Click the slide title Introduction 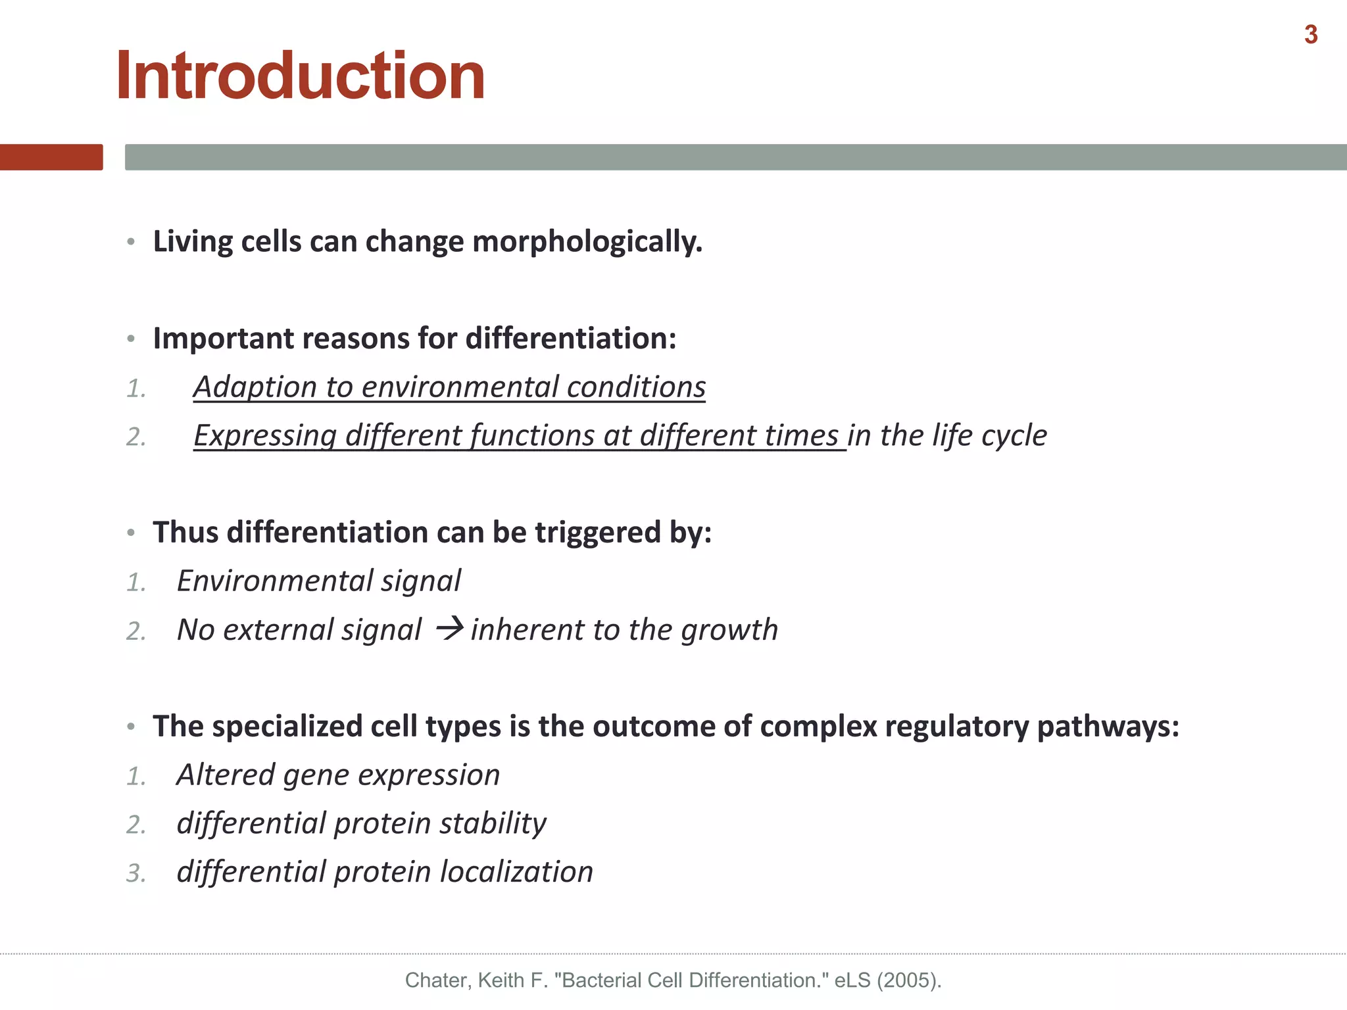(301, 76)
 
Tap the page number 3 (1311, 35)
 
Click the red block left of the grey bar (51, 157)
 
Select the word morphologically (587, 242)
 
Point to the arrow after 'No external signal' (451, 629)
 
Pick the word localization (516, 872)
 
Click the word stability (493, 823)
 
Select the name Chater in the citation (437, 980)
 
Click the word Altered (226, 775)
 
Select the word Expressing (265, 436)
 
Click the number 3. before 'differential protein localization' (135, 873)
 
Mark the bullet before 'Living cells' (131, 242)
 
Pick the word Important (222, 339)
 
